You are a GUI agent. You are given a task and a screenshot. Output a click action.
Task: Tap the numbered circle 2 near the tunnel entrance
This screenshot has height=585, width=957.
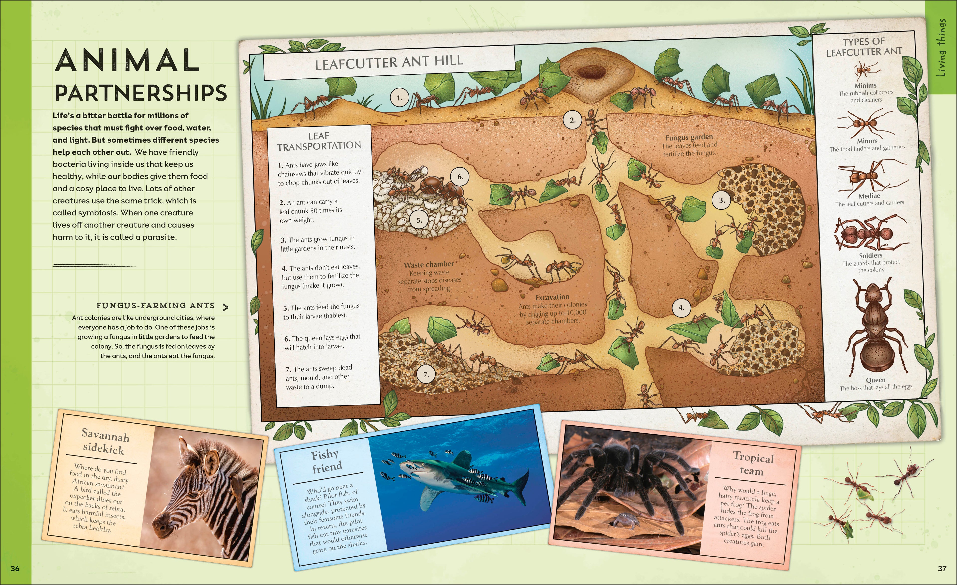pos(572,120)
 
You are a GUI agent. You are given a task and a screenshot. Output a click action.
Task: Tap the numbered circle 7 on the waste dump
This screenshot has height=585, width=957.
pos(426,375)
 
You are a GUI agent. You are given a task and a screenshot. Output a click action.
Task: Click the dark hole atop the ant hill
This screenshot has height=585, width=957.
pos(590,72)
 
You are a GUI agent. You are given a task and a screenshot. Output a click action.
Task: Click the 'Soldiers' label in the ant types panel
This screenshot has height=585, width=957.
pos(870,256)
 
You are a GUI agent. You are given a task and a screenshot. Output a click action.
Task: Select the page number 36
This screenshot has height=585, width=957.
pos(15,569)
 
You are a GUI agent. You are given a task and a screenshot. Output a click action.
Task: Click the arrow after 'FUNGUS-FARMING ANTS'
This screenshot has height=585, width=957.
pos(225,308)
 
